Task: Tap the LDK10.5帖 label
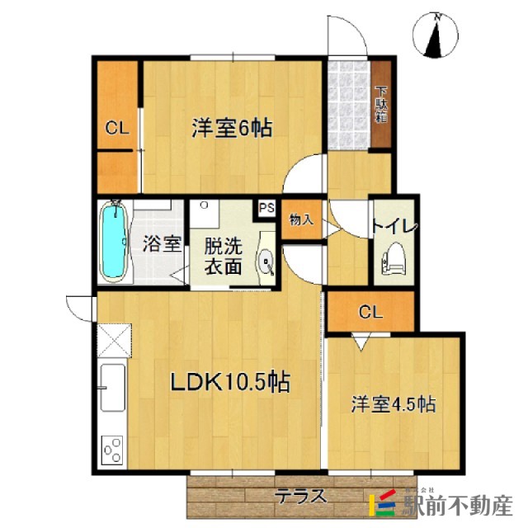coord(229,381)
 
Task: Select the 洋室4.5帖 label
coord(394,405)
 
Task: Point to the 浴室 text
coord(161,243)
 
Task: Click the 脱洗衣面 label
coord(224,256)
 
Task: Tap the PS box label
coord(266,209)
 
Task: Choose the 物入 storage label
coord(300,219)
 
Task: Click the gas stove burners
coord(111,450)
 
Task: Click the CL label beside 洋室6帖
coord(115,128)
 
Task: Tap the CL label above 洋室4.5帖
coord(370,312)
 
